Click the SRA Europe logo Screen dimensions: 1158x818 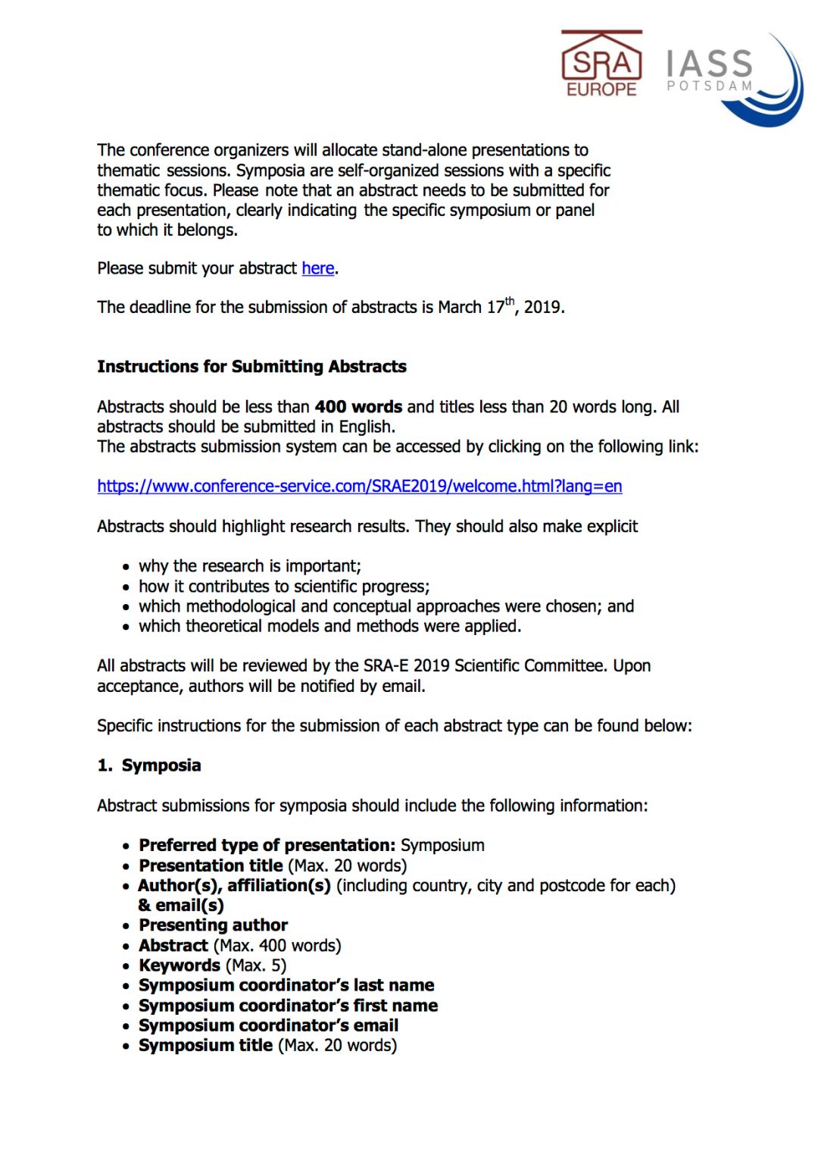pyautogui.click(x=601, y=64)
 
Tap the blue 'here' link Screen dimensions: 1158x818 pyautogui.click(x=318, y=268)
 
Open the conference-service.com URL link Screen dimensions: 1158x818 pyautogui.click(x=360, y=487)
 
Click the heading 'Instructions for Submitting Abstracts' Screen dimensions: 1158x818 pyautogui.click(x=251, y=367)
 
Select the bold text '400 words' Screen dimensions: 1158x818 pyautogui.click(x=358, y=407)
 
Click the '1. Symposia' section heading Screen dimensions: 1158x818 pyautogui.click(x=149, y=765)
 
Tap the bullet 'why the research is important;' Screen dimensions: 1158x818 pyautogui.click(x=250, y=566)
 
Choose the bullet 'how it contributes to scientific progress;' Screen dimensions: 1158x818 pyautogui.click(x=284, y=587)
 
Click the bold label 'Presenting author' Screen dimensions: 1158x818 pyautogui.click(x=214, y=925)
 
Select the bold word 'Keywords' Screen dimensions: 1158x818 pyautogui.click(x=180, y=966)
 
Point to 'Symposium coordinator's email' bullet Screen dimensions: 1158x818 pyautogui.click(x=268, y=1025)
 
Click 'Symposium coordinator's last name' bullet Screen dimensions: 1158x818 pyautogui.click(x=286, y=985)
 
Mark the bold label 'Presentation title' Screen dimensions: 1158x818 pyautogui.click(x=211, y=865)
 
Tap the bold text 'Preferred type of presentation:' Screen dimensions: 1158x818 pyautogui.click(x=267, y=846)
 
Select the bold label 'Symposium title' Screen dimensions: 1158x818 pyautogui.click(x=205, y=1046)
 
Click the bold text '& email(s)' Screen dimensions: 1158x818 pyautogui.click(x=181, y=906)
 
